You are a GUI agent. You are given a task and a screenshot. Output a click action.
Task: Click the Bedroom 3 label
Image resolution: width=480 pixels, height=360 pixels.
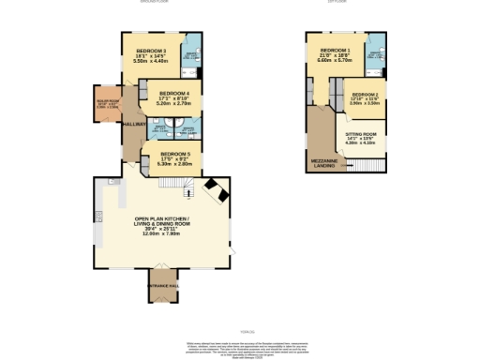(x=151, y=51)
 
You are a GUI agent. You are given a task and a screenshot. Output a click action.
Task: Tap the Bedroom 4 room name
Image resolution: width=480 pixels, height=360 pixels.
(x=174, y=95)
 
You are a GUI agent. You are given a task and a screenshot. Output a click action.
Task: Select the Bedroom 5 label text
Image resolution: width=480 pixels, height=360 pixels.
(x=175, y=154)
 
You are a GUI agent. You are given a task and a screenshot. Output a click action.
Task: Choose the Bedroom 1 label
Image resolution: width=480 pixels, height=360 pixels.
(x=335, y=50)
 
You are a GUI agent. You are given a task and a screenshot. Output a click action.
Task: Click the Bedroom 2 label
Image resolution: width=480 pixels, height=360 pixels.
(x=366, y=96)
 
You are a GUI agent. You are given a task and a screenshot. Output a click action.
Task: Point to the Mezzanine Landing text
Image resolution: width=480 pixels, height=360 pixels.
(x=323, y=162)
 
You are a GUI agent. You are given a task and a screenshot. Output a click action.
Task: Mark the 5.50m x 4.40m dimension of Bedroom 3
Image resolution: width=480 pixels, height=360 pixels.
(x=151, y=61)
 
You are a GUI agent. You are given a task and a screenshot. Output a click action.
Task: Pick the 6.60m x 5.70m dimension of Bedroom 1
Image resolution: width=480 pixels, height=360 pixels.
(x=335, y=60)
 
